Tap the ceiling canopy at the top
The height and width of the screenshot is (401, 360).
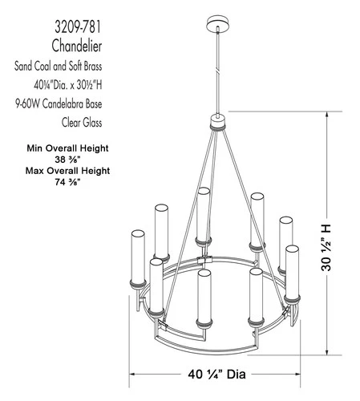[x=217, y=20]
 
